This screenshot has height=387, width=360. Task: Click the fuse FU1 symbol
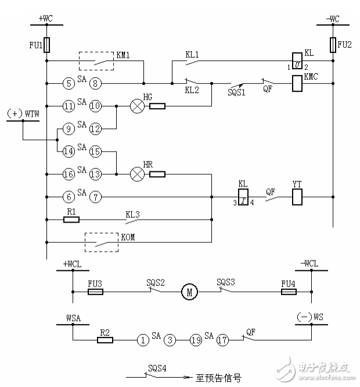click(47, 45)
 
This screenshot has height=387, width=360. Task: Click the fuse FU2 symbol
click(334, 45)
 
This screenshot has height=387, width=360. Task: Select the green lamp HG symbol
click(137, 106)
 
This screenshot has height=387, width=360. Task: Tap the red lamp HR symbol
click(137, 174)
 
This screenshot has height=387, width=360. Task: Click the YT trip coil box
click(296, 198)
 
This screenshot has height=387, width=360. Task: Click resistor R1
click(71, 220)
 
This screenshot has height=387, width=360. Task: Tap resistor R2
click(105, 341)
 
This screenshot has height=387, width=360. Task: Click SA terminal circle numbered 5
click(69, 84)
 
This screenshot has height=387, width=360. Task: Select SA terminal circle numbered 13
click(96, 174)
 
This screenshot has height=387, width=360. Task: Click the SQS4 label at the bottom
click(156, 368)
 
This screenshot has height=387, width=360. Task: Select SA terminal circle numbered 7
click(96, 198)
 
